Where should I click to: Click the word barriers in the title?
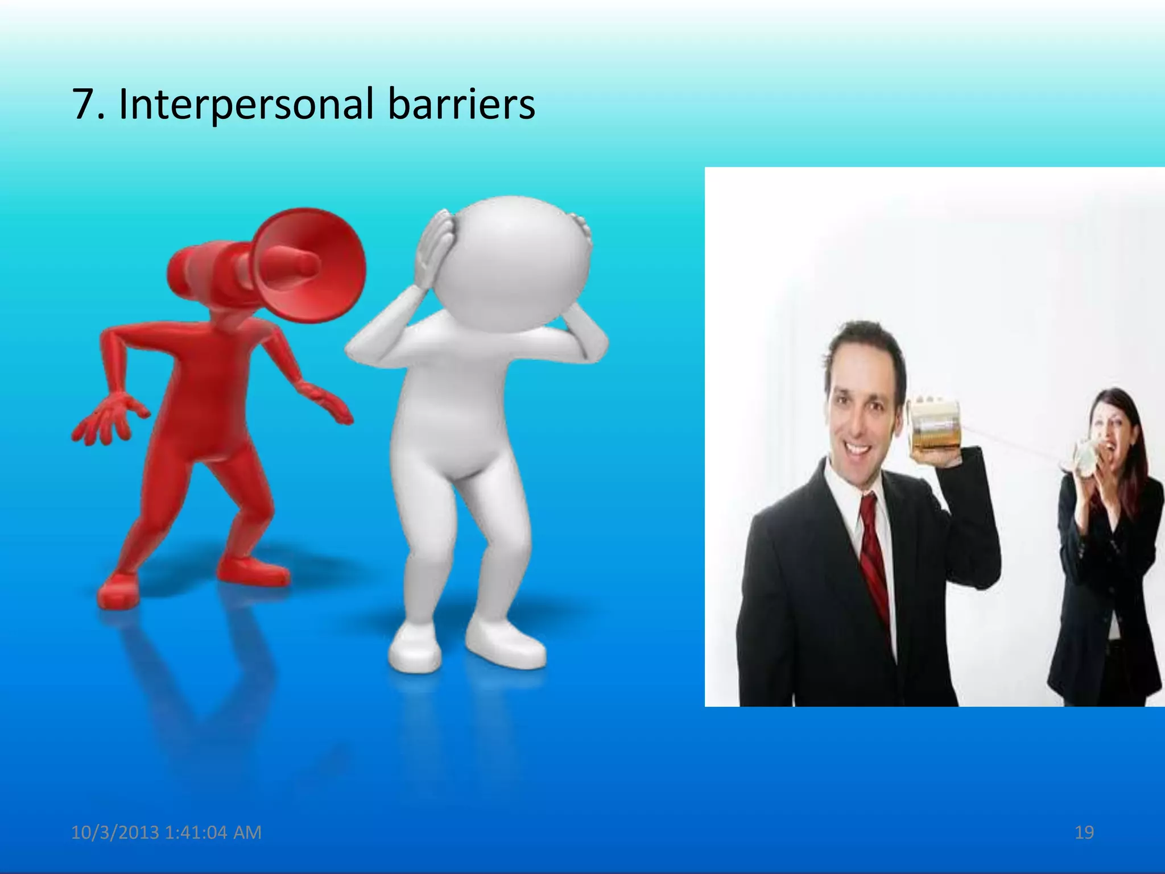(x=461, y=105)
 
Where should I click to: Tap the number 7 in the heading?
(x=82, y=105)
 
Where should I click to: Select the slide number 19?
(x=1084, y=832)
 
